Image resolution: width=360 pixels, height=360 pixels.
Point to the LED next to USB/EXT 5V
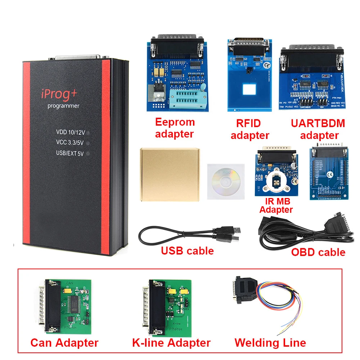(x=87, y=153)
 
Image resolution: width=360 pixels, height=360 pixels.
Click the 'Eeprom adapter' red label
(x=175, y=128)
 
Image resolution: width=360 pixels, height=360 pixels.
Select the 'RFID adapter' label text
(x=249, y=130)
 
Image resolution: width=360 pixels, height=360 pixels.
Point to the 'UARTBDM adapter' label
(x=318, y=129)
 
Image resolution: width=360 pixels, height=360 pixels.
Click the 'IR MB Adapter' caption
(x=276, y=205)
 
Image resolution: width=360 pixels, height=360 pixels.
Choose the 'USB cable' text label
(x=187, y=251)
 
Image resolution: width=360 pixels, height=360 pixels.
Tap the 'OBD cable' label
(x=318, y=252)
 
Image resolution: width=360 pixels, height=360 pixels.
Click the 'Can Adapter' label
(x=64, y=342)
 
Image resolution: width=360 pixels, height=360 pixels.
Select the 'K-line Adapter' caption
(x=171, y=342)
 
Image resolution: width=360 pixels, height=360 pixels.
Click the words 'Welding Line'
(x=270, y=342)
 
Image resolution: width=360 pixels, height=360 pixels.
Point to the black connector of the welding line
(x=245, y=288)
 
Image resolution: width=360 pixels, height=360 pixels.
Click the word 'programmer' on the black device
(x=63, y=106)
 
